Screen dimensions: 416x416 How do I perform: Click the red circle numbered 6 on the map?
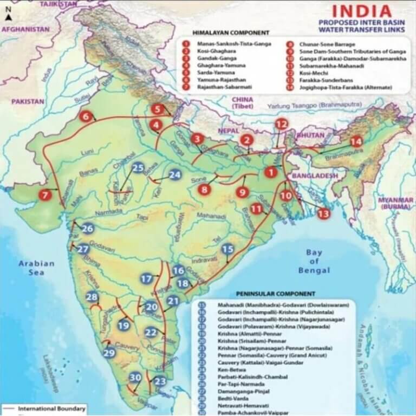pyautogui.click(x=85, y=116)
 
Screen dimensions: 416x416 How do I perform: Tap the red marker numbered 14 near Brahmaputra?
pyautogui.click(x=356, y=142)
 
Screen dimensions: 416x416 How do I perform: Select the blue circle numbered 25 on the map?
pyautogui.click(x=138, y=168)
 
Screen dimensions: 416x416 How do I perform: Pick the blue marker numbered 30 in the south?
pyautogui.click(x=135, y=378)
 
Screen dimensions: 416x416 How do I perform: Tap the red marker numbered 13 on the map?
pyautogui.click(x=324, y=213)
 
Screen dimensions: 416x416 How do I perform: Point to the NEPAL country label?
pyautogui.click(x=220, y=131)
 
